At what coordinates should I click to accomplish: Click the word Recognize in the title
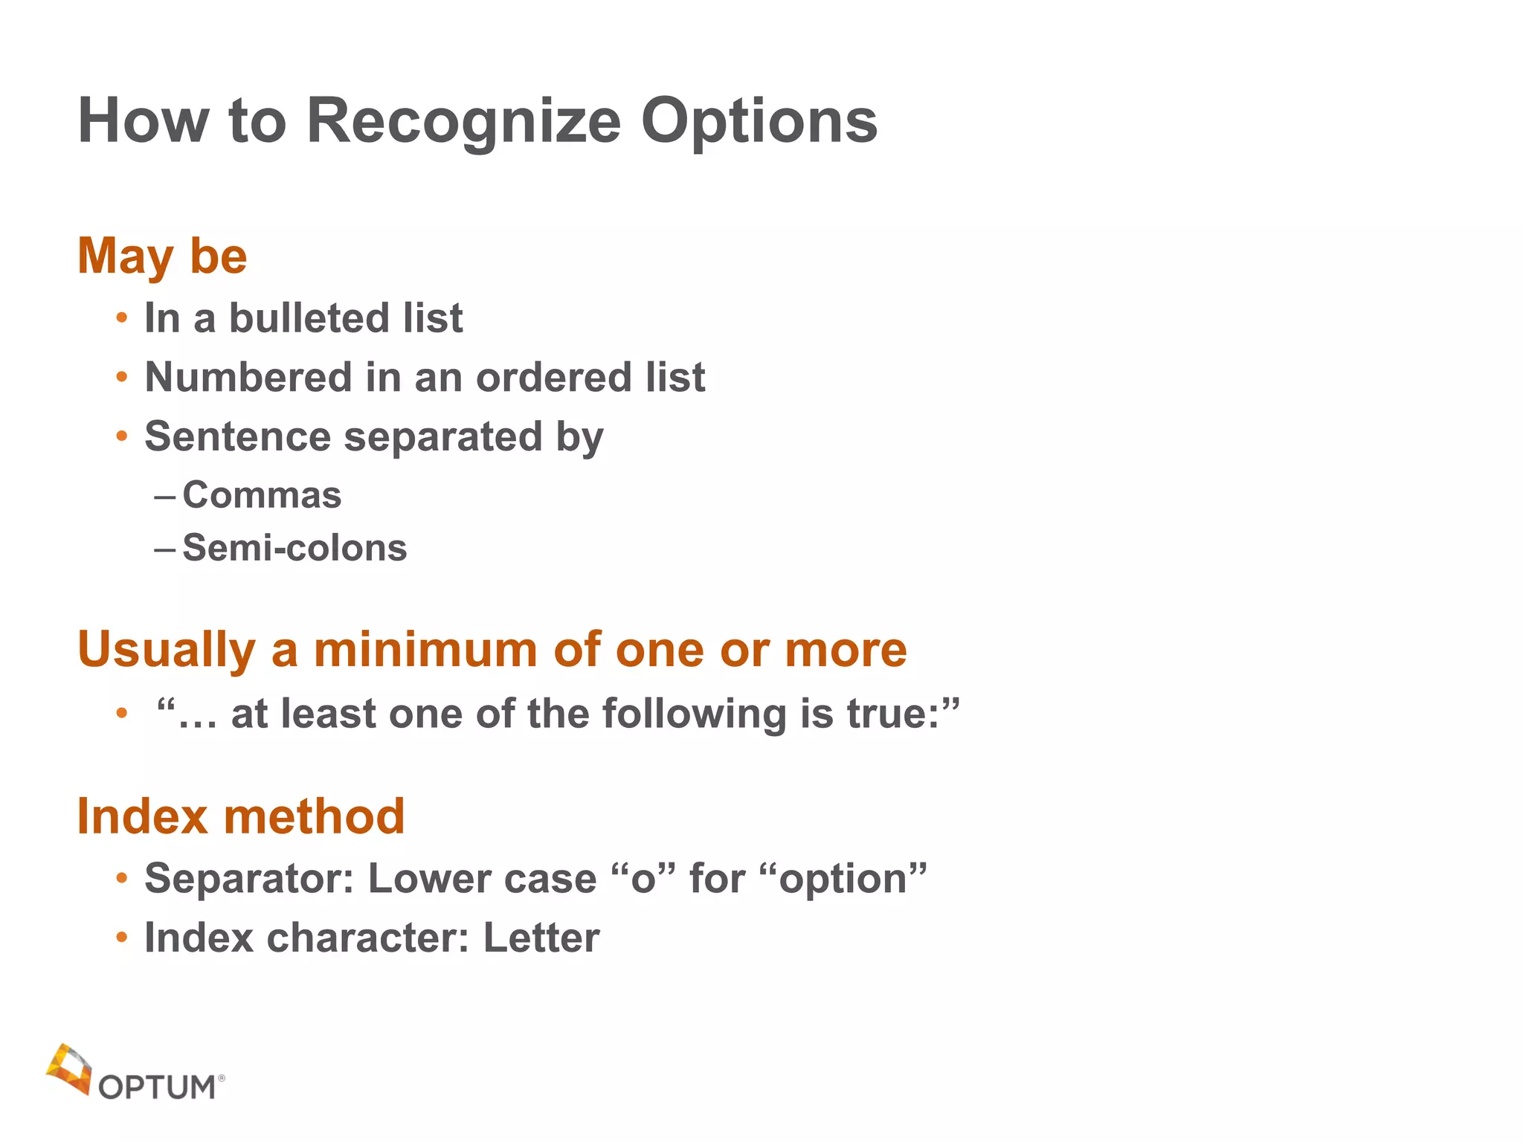point(463,120)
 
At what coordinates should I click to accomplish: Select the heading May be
point(162,256)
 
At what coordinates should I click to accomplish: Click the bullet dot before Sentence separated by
point(122,436)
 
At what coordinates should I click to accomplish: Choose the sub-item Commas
point(262,495)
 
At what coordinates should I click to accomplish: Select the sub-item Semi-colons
point(294,548)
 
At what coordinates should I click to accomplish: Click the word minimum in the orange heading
point(426,650)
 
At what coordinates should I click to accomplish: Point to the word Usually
point(167,650)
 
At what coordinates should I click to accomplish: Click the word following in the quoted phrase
point(694,714)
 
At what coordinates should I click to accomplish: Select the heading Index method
point(241,816)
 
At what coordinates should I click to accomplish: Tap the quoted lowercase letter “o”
point(643,878)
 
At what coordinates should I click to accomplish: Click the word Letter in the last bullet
point(541,938)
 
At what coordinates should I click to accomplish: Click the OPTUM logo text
point(157,1087)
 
